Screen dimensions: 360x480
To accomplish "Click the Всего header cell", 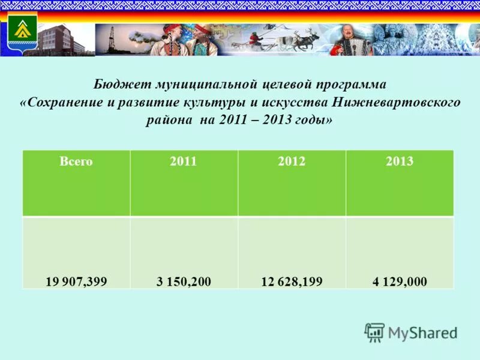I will coord(76,161).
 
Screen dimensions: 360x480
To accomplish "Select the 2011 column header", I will coord(184,161).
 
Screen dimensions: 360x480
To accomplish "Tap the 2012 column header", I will coord(292,161).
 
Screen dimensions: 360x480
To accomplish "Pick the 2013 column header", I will coord(400,161).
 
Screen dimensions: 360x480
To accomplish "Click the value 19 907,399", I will coord(76,281).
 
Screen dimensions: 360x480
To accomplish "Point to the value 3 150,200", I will coord(184,281).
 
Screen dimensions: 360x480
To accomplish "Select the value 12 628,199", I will coord(292,281).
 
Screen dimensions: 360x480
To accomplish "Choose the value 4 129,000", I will coord(399,281).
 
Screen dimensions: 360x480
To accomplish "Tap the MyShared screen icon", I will coord(374,332).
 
